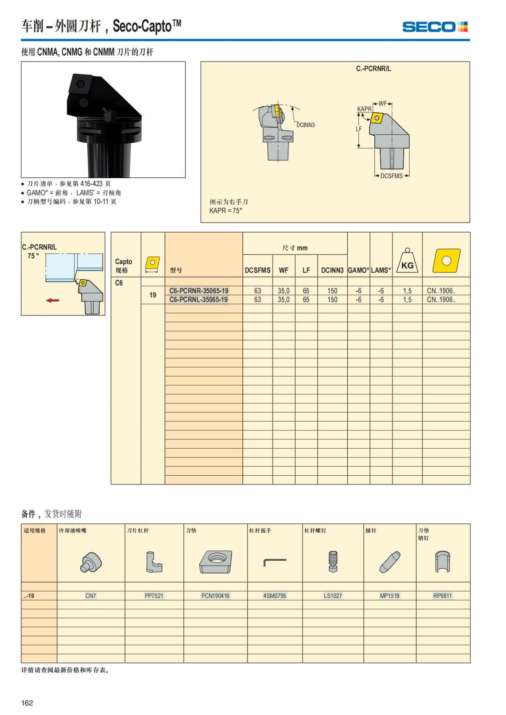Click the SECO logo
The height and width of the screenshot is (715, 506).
click(435, 27)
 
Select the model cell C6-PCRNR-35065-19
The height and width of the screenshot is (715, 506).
click(199, 291)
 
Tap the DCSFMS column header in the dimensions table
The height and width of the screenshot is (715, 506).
click(258, 270)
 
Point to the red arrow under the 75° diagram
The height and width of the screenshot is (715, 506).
click(53, 300)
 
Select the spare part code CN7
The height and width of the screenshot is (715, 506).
click(91, 596)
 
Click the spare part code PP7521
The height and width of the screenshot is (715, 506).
click(154, 596)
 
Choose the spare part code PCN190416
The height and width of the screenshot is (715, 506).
click(215, 596)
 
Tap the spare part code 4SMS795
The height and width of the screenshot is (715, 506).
click(275, 596)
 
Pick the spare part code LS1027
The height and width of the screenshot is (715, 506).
click(333, 596)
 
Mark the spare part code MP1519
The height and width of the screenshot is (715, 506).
click(390, 596)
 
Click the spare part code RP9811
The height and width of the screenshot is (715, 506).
click(442, 596)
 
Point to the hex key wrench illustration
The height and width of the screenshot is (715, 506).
click(275, 562)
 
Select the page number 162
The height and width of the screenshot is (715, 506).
click(27, 703)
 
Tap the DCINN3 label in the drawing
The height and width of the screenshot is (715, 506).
click(305, 125)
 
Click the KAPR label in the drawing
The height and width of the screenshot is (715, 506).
click(364, 109)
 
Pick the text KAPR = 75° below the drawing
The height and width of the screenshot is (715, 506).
click(226, 211)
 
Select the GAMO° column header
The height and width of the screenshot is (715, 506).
click(358, 270)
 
